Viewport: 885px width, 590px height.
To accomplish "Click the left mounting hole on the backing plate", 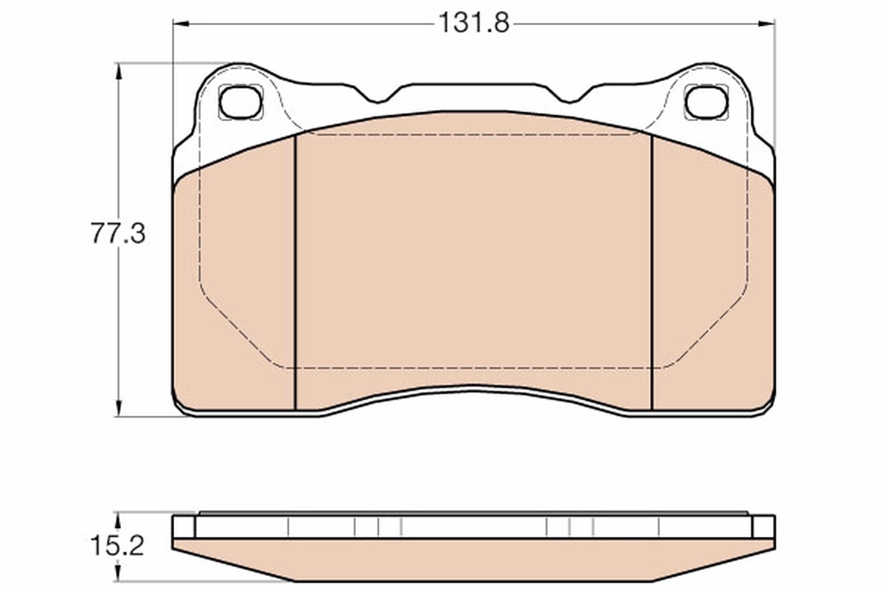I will (240, 103).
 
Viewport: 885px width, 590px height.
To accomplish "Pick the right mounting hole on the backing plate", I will (707, 103).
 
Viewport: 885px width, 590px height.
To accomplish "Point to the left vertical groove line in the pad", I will (295, 273).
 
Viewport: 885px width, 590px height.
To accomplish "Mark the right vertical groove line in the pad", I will (652, 273).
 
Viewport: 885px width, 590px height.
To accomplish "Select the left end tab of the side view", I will (184, 527).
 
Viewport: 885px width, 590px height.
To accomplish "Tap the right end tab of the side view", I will (763, 527).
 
